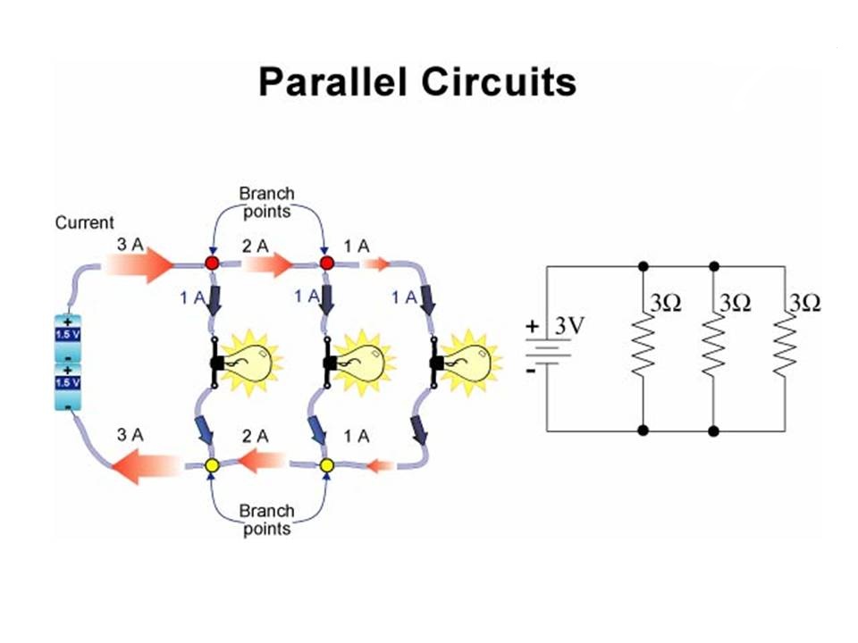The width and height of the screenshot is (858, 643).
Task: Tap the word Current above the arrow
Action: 85,222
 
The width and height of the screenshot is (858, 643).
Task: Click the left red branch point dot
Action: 213,263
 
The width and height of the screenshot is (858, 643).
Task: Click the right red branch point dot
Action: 327,263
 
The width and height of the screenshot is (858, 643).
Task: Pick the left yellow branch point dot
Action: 213,466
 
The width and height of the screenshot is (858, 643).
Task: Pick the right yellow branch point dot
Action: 327,466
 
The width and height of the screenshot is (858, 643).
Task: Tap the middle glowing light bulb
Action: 363,361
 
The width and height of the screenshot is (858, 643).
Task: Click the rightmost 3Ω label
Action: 803,304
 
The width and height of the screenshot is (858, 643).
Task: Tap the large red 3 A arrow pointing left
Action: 147,466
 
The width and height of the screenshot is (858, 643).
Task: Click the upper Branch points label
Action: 265,201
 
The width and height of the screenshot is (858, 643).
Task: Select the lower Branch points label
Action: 265,520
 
